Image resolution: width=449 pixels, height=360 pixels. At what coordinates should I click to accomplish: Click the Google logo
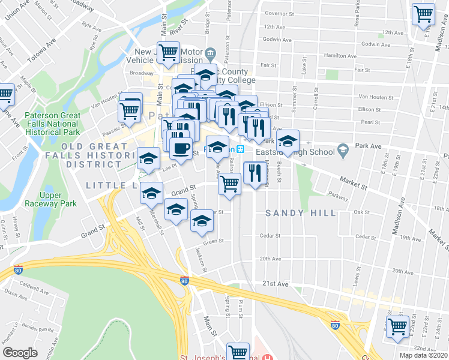(x=20, y=353)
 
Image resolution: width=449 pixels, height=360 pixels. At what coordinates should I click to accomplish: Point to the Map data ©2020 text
(x=423, y=355)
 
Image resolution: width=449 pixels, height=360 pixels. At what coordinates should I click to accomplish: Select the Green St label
(x=213, y=241)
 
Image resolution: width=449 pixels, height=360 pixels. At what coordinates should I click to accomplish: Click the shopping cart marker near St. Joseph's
(x=238, y=352)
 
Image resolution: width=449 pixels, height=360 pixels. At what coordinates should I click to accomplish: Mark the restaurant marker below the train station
(x=256, y=173)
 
